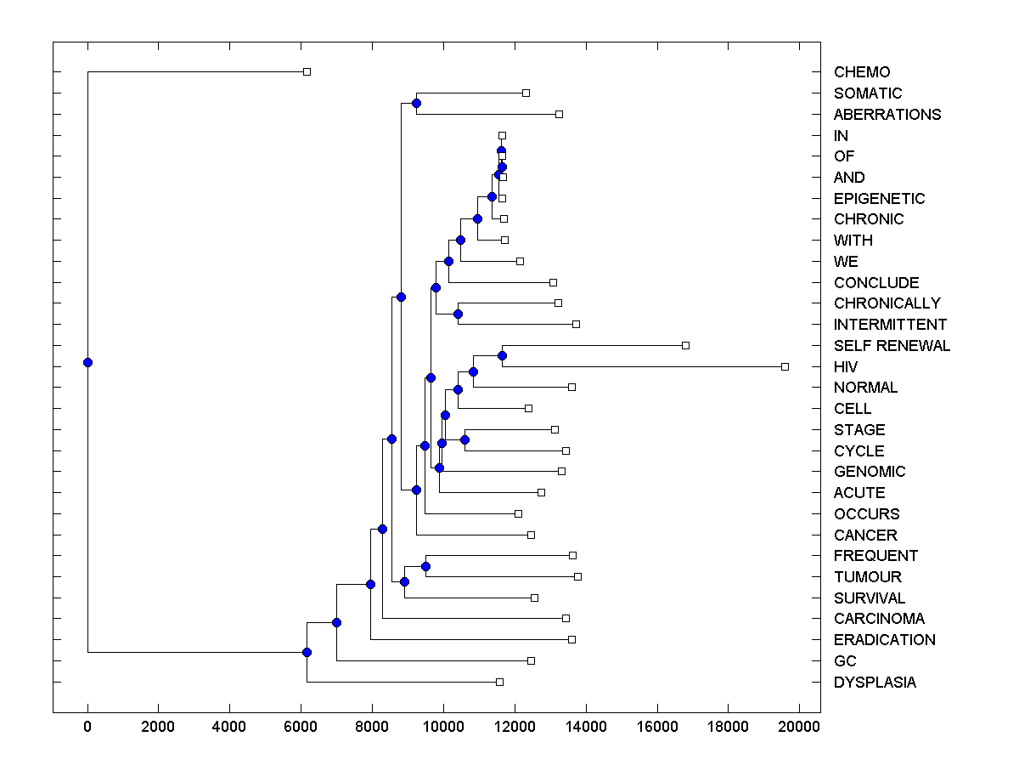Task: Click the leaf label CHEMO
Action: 862,72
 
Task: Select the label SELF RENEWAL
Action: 892,346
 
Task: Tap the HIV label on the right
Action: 846,367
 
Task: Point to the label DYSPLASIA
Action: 875,683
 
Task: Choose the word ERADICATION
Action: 884,640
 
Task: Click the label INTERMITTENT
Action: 890,325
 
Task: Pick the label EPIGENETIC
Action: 879,199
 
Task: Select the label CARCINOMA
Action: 879,619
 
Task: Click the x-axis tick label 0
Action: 87,726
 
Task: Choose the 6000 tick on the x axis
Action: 301,726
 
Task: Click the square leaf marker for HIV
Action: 785,366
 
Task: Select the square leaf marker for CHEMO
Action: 307,71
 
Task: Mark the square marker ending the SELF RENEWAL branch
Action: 685,345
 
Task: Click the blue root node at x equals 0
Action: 87,362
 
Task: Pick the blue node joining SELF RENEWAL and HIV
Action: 502,355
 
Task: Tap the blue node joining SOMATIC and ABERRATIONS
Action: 416,103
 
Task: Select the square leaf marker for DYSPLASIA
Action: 499,682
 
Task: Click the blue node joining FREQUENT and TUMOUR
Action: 425,566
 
